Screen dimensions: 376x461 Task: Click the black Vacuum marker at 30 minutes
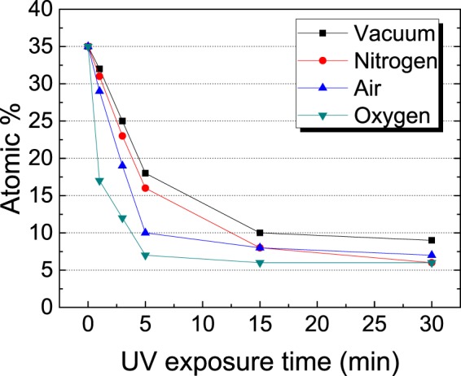[x=432, y=240]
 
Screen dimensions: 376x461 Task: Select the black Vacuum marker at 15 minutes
[x=260, y=233]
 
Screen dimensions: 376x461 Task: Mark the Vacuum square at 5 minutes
[x=145, y=173]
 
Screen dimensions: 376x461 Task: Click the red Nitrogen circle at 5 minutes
[x=145, y=188]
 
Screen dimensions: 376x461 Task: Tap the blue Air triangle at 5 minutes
[x=145, y=232]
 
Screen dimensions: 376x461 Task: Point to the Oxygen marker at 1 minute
[x=99, y=181]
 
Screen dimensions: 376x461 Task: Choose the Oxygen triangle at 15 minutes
[x=260, y=263]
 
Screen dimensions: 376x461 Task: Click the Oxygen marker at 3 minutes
[x=122, y=218]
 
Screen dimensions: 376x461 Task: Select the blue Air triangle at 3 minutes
[x=122, y=165]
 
